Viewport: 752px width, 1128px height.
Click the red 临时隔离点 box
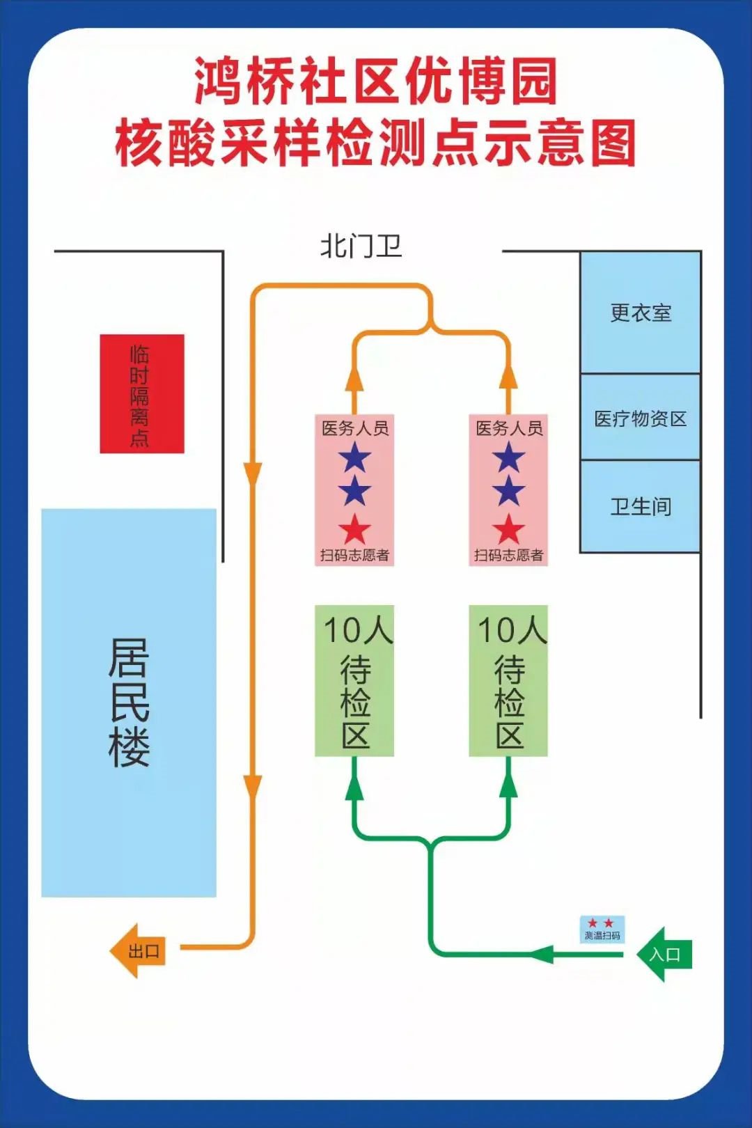tap(142, 393)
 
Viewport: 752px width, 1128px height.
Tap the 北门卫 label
tap(361, 246)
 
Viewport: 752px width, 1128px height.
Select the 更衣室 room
tap(641, 313)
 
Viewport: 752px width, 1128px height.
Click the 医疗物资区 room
tap(641, 418)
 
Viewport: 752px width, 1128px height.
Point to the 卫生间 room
tap(641, 506)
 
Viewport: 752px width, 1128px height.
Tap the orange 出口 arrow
tap(138, 950)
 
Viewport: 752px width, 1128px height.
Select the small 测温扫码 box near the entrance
tap(602, 930)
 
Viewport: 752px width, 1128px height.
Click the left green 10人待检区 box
tap(354, 680)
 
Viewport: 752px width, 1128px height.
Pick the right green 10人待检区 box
tap(508, 680)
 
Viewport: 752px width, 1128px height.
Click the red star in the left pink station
tap(354, 530)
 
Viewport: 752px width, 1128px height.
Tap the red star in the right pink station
tap(508, 530)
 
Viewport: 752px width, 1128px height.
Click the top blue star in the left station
tap(354, 458)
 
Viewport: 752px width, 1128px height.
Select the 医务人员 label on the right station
tap(509, 428)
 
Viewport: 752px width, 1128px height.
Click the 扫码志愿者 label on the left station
tap(354, 555)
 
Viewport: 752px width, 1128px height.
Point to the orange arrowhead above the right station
tap(508, 377)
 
